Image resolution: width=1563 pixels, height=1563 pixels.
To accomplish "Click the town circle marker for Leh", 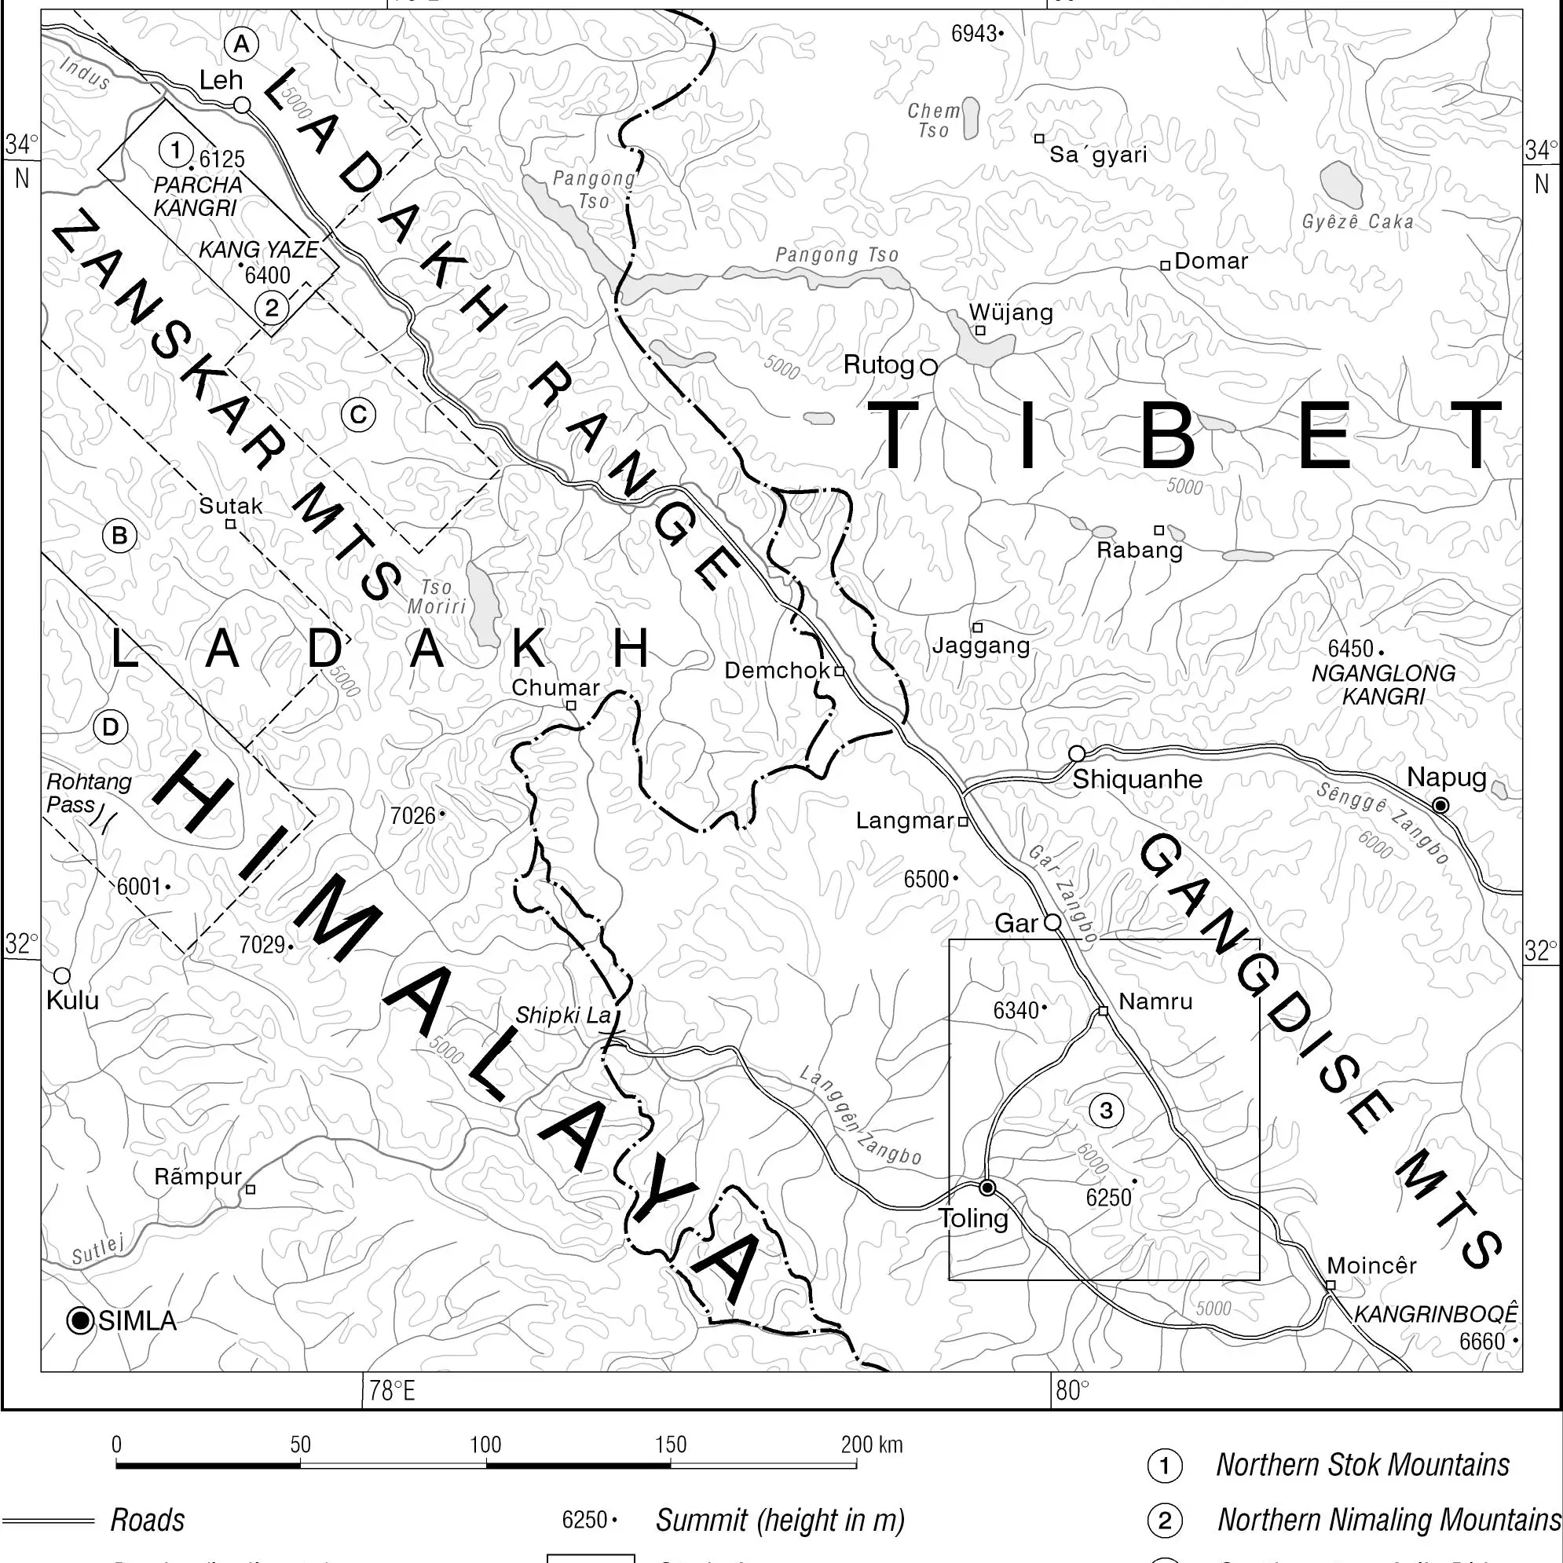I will pyautogui.click(x=242, y=105).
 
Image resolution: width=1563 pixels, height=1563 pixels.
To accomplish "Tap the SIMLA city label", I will pyautogui.click(x=137, y=1320).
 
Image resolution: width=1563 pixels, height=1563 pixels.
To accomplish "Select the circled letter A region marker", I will pyautogui.click(x=242, y=45).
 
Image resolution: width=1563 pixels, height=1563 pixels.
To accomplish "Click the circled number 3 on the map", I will pyautogui.click(x=1106, y=1110).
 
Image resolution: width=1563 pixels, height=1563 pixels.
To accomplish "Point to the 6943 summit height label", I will pyautogui.click(x=973, y=34).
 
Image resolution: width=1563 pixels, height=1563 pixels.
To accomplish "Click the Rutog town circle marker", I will pyautogui.click(x=929, y=367).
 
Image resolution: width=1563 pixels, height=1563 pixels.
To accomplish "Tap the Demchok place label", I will pyautogui.click(x=777, y=671).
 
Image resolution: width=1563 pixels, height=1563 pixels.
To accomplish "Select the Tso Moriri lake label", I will pyautogui.click(x=437, y=597).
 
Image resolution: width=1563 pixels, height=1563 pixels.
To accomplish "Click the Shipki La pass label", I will pyautogui.click(x=563, y=1016).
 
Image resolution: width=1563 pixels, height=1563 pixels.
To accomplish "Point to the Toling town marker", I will pyautogui.click(x=987, y=1188).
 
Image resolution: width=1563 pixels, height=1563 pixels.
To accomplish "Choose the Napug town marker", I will pyautogui.click(x=1440, y=805).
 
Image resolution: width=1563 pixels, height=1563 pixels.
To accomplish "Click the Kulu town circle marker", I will pyautogui.click(x=62, y=976).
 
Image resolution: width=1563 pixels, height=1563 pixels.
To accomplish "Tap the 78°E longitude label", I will pyautogui.click(x=392, y=1391).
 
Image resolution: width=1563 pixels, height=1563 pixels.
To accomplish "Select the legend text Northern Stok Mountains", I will pyautogui.click(x=1363, y=1465).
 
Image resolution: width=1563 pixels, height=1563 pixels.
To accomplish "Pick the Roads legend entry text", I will pyautogui.click(x=147, y=1520).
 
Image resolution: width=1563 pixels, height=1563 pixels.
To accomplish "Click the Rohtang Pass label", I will pyautogui.click(x=87, y=792).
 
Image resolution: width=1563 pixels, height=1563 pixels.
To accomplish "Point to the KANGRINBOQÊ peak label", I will pyautogui.click(x=1436, y=1314).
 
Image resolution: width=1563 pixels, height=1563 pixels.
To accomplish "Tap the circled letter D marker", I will pyautogui.click(x=111, y=727).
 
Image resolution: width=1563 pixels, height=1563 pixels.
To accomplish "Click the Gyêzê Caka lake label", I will pyautogui.click(x=1357, y=221).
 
